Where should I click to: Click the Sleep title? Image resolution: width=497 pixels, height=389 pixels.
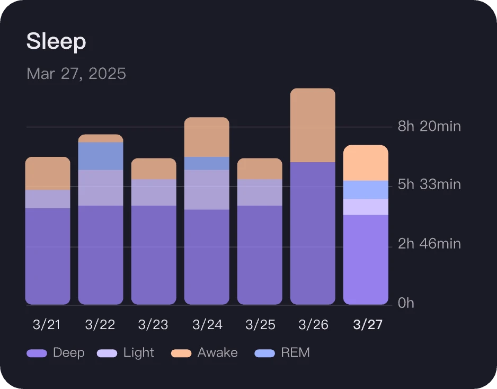(x=56, y=42)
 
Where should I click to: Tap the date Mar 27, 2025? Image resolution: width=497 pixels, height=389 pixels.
(x=76, y=73)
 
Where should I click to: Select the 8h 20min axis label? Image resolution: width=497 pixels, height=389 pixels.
(x=429, y=127)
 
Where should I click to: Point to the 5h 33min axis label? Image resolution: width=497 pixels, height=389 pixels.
(x=429, y=184)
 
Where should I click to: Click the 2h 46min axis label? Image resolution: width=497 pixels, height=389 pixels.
(x=429, y=244)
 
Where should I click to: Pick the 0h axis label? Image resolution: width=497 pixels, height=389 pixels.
(x=406, y=303)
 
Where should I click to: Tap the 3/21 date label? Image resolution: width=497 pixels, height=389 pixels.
(x=47, y=325)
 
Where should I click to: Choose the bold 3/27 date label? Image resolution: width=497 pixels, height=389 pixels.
(x=368, y=325)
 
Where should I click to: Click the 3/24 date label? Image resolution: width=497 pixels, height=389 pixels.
(x=207, y=325)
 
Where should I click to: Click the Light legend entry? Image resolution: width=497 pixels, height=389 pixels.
(x=126, y=353)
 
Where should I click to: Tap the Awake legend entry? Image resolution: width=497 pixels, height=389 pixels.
(x=205, y=353)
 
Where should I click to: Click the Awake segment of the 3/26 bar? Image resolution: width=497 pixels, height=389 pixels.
(x=313, y=125)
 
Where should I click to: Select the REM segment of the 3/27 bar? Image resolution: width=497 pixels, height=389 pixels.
(x=366, y=190)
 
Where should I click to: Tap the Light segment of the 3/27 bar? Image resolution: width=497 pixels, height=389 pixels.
(x=366, y=207)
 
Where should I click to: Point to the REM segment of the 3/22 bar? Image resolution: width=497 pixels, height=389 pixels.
(x=101, y=156)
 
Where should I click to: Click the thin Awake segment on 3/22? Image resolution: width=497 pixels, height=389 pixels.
(x=101, y=138)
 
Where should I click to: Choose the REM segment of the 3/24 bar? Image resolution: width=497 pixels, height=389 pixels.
(x=207, y=163)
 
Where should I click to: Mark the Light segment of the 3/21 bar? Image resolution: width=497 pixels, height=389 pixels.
(x=48, y=199)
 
